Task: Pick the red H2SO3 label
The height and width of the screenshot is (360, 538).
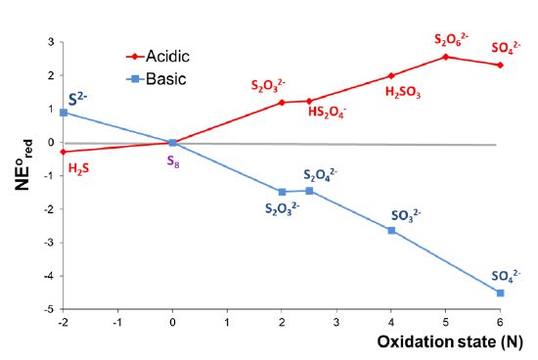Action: coord(404,91)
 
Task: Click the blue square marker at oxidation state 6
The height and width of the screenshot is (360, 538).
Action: coord(500,292)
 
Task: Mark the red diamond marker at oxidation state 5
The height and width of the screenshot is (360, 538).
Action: coord(446,57)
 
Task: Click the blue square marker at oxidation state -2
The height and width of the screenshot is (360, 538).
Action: coord(64,112)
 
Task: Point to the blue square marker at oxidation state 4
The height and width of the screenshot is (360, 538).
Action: coord(391,230)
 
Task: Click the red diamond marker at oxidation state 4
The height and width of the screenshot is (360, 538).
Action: coord(391,75)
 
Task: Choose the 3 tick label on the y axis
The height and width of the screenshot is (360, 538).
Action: coord(47,42)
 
